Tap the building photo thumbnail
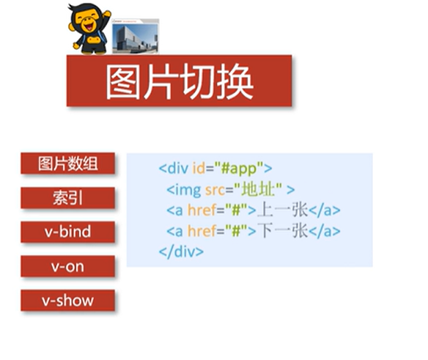pos(136,36)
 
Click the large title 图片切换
pos(180,81)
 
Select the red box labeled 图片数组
pos(67,164)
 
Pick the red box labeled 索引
pos(67,198)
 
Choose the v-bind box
pos(67,232)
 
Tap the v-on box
pos(67,266)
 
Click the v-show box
pos(67,301)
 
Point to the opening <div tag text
pos(174,168)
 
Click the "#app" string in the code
pos(239,169)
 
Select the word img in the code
pos(188,190)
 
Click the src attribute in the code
pos(215,190)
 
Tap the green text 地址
pos(258,189)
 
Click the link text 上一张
pos(282,210)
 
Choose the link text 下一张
pos(282,231)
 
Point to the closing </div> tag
pos(181,251)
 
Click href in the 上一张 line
pos(202,210)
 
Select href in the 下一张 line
pos(202,231)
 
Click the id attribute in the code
pos(199,168)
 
